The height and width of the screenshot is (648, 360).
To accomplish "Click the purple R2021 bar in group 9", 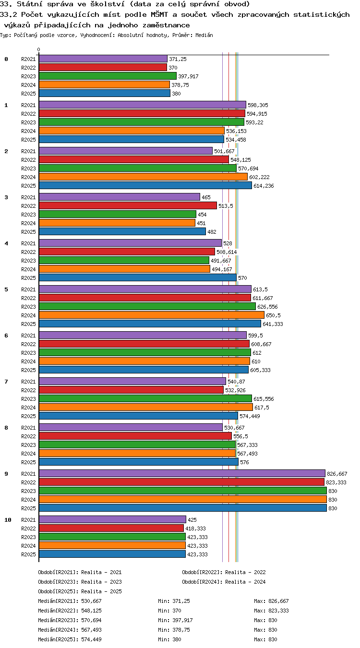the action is (x=182, y=473).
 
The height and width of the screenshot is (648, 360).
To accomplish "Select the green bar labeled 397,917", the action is (x=108, y=76).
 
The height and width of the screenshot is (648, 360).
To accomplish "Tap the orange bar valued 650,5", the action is (x=152, y=315).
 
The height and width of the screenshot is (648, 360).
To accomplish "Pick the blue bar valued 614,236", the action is (x=145, y=185).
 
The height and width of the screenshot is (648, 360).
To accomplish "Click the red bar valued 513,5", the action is (x=128, y=205).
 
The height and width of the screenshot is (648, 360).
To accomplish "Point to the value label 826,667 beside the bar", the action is (x=337, y=474).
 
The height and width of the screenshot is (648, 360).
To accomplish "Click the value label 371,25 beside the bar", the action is (x=178, y=59).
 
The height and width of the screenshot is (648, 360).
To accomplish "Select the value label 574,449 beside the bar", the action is (x=250, y=416).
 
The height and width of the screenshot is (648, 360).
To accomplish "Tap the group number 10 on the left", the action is (x=8, y=520).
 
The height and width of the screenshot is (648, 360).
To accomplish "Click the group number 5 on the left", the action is (x=6, y=289).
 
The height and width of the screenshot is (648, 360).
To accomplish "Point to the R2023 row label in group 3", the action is (x=28, y=215).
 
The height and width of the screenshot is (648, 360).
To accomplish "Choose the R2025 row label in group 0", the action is (x=28, y=94).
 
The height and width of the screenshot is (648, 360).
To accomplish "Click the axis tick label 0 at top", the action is (x=39, y=49).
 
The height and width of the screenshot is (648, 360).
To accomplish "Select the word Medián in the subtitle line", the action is (x=204, y=35).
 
